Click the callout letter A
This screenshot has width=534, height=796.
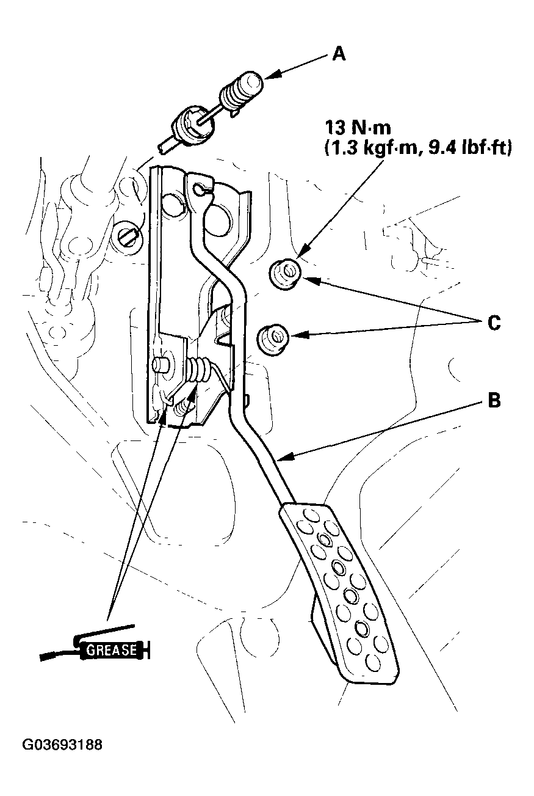pyautogui.click(x=339, y=54)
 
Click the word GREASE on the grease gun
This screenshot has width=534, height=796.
pyautogui.click(x=111, y=649)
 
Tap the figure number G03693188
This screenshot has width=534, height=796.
pyautogui.click(x=62, y=745)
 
